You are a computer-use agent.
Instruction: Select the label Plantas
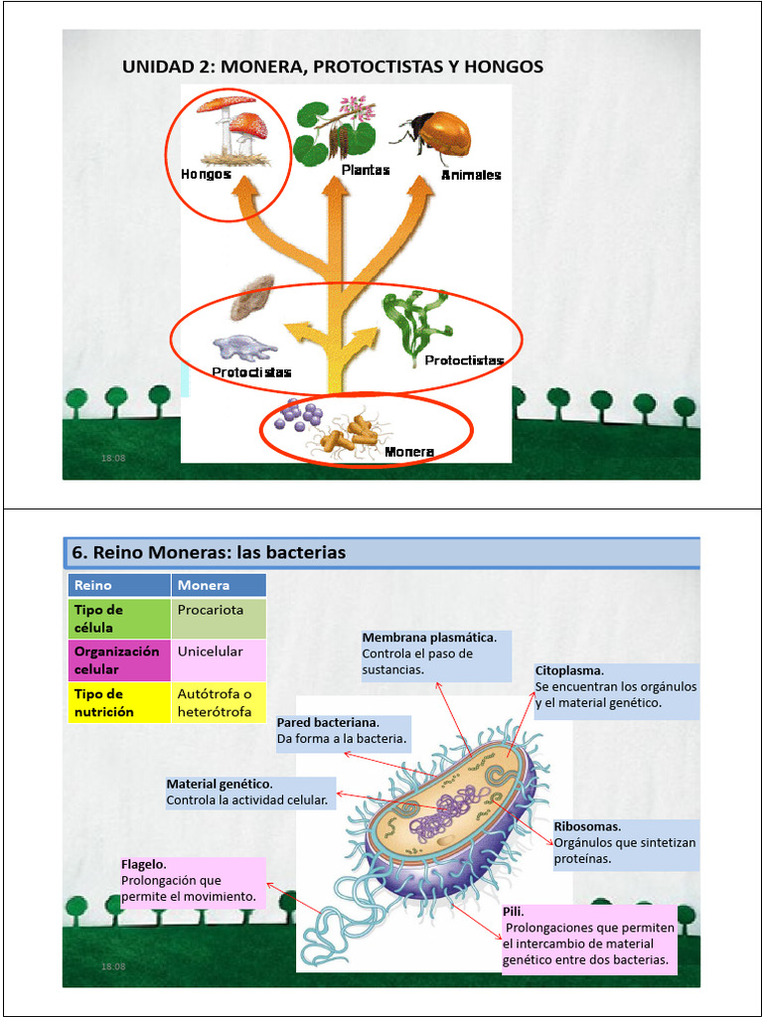click(366, 170)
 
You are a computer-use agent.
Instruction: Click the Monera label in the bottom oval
click(409, 452)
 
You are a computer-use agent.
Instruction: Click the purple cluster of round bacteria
click(299, 415)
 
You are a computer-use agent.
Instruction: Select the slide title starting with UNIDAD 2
click(333, 67)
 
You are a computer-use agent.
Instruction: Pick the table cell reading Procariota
click(211, 610)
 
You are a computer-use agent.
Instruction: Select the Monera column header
click(204, 585)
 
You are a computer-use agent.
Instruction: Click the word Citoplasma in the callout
click(569, 670)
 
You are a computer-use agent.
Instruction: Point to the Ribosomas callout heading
click(587, 826)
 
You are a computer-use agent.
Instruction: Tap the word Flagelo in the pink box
click(143, 864)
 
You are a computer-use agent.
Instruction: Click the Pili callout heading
click(514, 911)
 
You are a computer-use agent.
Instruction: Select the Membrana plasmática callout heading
click(436, 637)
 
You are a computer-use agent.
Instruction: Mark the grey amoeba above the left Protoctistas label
click(245, 347)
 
